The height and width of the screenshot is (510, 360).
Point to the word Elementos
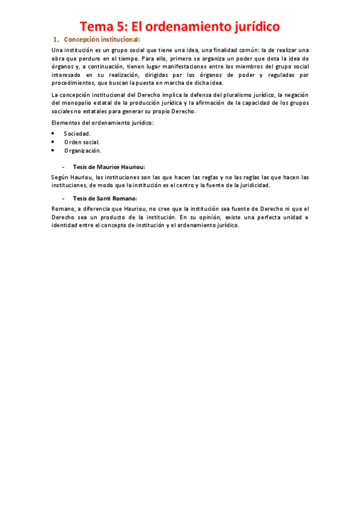tap(66, 123)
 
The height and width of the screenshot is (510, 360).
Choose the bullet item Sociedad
tap(78, 134)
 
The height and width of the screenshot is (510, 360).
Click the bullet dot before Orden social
tap(53, 141)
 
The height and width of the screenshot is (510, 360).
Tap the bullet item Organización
tap(82, 150)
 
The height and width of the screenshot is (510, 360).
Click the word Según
tap(61, 177)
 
